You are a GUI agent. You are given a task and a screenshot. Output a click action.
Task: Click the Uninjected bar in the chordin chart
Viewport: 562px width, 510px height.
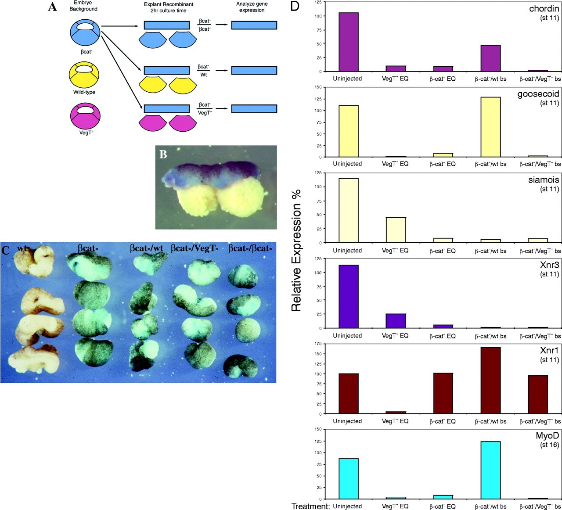pyautogui.click(x=348, y=42)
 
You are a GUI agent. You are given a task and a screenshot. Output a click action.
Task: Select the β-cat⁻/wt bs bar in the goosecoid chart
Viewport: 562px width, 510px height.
pyautogui.click(x=490, y=127)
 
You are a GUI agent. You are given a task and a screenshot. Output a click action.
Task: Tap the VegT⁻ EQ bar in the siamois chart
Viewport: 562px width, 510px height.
pyautogui.click(x=396, y=230)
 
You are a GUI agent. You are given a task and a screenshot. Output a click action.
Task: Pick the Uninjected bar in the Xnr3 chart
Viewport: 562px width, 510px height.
pyautogui.click(x=348, y=297)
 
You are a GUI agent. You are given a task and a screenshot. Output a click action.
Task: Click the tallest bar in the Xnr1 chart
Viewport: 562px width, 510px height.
pyautogui.click(x=490, y=381)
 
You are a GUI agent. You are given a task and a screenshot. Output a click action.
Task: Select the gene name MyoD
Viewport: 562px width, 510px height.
pyautogui.click(x=547, y=436)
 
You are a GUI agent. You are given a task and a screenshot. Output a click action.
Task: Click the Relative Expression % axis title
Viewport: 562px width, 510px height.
pyautogui.click(x=297, y=250)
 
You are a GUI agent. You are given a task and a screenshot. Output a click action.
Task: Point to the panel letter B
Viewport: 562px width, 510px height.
pyautogui.click(x=163, y=154)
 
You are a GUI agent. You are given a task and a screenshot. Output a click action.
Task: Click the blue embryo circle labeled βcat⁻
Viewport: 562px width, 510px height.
pyautogui.click(x=86, y=31)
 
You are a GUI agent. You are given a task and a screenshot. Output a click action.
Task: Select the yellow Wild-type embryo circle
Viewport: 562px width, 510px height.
pyautogui.click(x=84, y=74)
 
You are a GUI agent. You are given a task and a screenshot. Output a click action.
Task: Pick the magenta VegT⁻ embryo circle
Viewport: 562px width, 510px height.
pyautogui.click(x=86, y=115)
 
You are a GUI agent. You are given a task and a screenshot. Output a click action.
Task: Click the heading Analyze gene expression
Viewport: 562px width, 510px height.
pyautogui.click(x=252, y=7)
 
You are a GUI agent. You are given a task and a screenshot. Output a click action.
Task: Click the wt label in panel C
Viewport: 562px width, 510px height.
pyautogui.click(x=22, y=248)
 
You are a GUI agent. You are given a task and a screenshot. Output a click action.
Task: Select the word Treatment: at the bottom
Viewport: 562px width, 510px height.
pyautogui.click(x=310, y=506)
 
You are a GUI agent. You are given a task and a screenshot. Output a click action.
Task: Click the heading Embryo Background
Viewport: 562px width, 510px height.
pyautogui.click(x=83, y=6)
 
